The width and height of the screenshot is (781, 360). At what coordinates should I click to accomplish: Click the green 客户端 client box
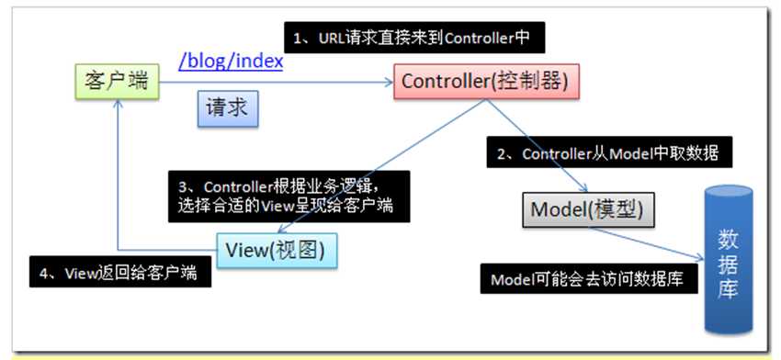(116, 81)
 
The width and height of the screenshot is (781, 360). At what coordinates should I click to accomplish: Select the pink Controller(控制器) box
(486, 81)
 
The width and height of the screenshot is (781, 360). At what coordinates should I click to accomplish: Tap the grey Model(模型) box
(588, 210)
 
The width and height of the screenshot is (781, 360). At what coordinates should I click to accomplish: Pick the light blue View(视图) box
(277, 251)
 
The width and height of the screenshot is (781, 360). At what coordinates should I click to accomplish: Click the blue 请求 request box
(228, 108)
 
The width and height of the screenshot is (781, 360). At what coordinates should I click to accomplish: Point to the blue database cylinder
(729, 259)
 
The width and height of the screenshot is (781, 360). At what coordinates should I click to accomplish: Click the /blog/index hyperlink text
(231, 62)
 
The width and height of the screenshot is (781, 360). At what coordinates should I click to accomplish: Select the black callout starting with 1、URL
(414, 38)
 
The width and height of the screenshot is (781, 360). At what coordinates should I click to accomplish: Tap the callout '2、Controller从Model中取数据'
(603, 152)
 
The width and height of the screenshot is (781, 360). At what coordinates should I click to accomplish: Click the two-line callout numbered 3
(289, 197)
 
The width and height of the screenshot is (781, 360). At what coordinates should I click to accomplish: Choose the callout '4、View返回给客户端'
(120, 272)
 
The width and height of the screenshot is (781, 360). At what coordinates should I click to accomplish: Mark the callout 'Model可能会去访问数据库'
(589, 278)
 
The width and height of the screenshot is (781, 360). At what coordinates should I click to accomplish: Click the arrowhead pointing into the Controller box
(389, 83)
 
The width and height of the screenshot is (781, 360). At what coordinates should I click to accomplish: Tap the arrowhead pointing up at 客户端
(118, 103)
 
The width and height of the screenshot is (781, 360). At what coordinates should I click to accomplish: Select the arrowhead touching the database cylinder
(699, 256)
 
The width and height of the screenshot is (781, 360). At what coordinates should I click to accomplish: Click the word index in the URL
(259, 62)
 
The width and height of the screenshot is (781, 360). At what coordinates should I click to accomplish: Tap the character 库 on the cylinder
(729, 289)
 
